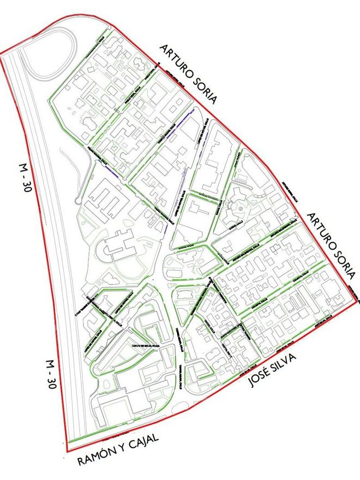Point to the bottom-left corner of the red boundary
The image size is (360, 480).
(67, 452)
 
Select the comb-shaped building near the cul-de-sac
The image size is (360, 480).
(107, 199)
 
